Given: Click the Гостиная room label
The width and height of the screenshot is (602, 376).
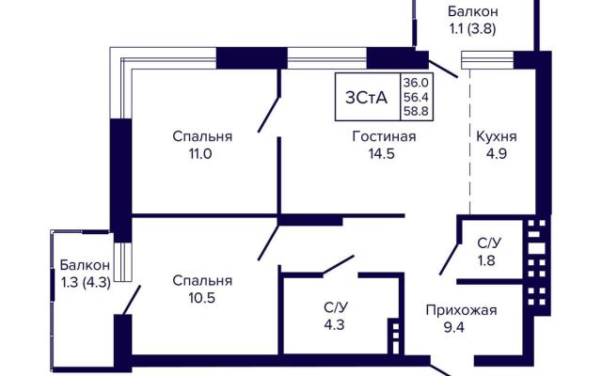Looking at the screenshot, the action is tap(384, 136).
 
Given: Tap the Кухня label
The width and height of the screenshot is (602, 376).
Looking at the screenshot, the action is tap(497, 137).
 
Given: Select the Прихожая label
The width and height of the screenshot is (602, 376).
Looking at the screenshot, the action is tap(461, 310).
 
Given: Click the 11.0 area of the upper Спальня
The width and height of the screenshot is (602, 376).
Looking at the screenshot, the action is tap(200, 154).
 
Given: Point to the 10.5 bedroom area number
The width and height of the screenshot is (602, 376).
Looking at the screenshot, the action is tap(201, 298).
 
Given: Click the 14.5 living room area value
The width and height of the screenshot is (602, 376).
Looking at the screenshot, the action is tap(382, 154).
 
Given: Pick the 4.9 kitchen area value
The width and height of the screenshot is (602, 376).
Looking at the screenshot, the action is tap(497, 154).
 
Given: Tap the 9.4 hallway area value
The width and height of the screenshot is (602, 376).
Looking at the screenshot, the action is tap(454, 328).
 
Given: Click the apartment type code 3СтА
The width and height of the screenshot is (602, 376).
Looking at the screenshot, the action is tap(366, 98).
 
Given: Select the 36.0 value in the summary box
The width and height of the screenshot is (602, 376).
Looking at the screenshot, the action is tap(416, 82).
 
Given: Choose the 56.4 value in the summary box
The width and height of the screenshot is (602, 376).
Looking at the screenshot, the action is tap(416, 97).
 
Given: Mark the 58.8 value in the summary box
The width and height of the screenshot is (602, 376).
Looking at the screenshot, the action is tap(416, 111).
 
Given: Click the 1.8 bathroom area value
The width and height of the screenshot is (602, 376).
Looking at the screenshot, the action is tap(486, 261).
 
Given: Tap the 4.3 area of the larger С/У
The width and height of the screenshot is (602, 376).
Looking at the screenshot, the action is tap(334, 325).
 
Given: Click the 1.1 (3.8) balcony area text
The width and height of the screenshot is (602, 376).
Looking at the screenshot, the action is tap(472, 29).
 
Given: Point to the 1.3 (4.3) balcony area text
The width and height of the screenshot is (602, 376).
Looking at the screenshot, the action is tap(86, 282).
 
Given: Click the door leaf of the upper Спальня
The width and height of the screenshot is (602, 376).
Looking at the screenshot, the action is tap(269, 115).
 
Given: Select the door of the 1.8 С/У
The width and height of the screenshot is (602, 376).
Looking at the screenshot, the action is tap(450, 259).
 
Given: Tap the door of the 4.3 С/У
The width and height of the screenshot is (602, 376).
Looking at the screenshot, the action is tap(338, 265).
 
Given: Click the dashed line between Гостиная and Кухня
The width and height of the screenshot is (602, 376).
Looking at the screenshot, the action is tap(470, 142).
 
